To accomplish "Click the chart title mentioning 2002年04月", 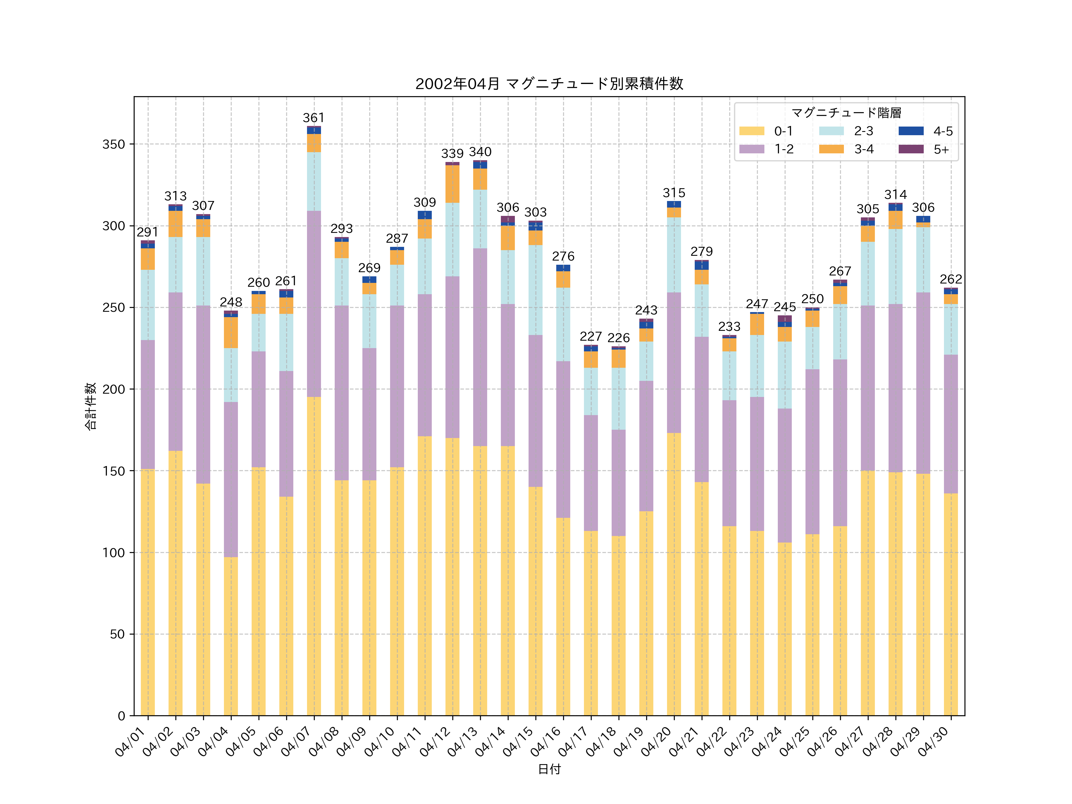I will [x=549, y=84].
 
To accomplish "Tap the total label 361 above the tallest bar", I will [x=314, y=118].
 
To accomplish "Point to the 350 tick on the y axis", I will [x=113, y=144].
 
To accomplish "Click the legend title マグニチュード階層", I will [x=846, y=113].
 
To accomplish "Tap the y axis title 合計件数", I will [x=91, y=406].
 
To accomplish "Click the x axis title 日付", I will [x=549, y=769].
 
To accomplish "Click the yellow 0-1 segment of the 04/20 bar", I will [x=674, y=574].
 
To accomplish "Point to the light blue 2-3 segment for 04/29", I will [x=923, y=260].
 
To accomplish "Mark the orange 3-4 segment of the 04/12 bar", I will [x=452, y=184].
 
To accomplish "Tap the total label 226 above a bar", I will [x=618, y=338].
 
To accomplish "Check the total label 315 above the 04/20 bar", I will [x=674, y=193].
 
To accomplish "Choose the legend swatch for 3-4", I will [x=831, y=149].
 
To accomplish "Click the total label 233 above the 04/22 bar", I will [x=729, y=327].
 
